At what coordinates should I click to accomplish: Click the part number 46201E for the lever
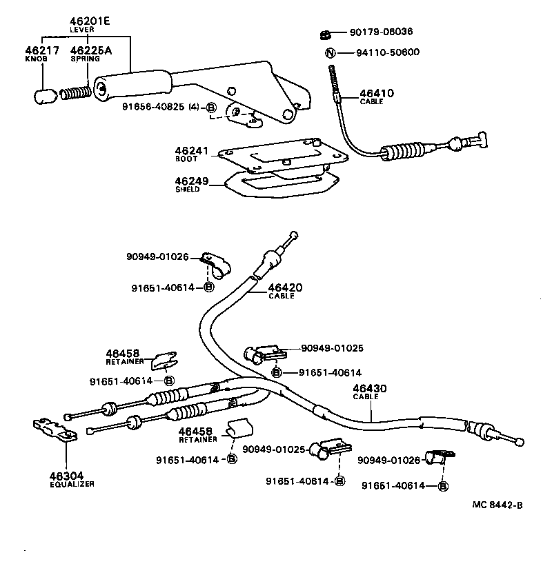[x=90, y=21]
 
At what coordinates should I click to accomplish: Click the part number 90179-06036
[x=382, y=32]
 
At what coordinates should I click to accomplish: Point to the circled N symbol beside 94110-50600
[x=331, y=52]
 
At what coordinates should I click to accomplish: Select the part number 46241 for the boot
[x=191, y=150]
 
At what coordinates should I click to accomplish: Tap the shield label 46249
[x=191, y=181]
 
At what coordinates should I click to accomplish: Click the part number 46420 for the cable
[x=285, y=287]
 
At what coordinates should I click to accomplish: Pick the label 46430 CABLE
[x=369, y=390]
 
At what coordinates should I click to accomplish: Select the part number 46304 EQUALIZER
[x=66, y=475]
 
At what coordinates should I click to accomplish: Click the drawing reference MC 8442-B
[x=497, y=505]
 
